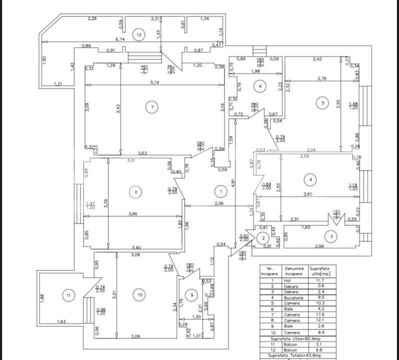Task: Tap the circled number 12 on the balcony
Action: coord(138,34)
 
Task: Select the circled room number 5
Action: coord(322,103)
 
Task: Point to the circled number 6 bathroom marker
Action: coord(260,86)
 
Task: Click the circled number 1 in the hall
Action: coord(219,190)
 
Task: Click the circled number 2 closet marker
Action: coord(263,238)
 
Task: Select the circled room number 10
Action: coord(139,295)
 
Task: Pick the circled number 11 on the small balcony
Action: coord(68,295)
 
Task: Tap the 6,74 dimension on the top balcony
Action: coord(120,39)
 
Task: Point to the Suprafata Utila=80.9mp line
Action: coord(297,338)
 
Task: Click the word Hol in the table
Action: coord(287,280)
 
